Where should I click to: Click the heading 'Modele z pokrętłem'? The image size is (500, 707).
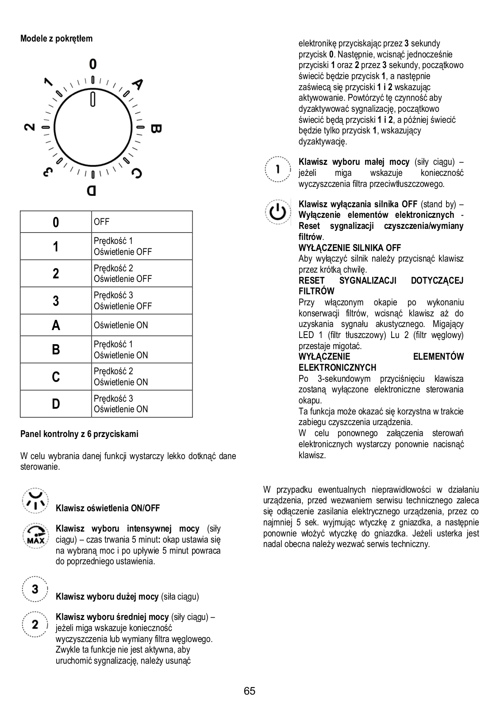[57, 38]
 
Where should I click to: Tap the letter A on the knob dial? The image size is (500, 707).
[138, 84]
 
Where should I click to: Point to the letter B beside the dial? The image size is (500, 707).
[156, 129]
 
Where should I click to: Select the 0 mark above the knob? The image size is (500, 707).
[92, 65]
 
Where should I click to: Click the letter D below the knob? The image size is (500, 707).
[92, 191]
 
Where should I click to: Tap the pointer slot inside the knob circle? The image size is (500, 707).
[92, 99]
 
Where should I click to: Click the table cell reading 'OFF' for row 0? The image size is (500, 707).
[101, 222]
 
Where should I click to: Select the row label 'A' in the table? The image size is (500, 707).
[56, 325]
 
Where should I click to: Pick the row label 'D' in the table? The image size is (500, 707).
[56, 404]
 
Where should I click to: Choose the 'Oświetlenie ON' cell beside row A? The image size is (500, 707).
[121, 325]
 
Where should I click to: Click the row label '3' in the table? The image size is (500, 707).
[56, 301]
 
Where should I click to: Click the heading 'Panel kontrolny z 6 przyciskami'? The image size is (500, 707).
[79, 434]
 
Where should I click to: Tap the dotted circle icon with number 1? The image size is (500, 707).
[277, 168]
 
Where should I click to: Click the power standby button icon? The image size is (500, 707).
[278, 212]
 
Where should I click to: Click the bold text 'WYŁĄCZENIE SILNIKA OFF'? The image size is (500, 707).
[350, 248]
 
